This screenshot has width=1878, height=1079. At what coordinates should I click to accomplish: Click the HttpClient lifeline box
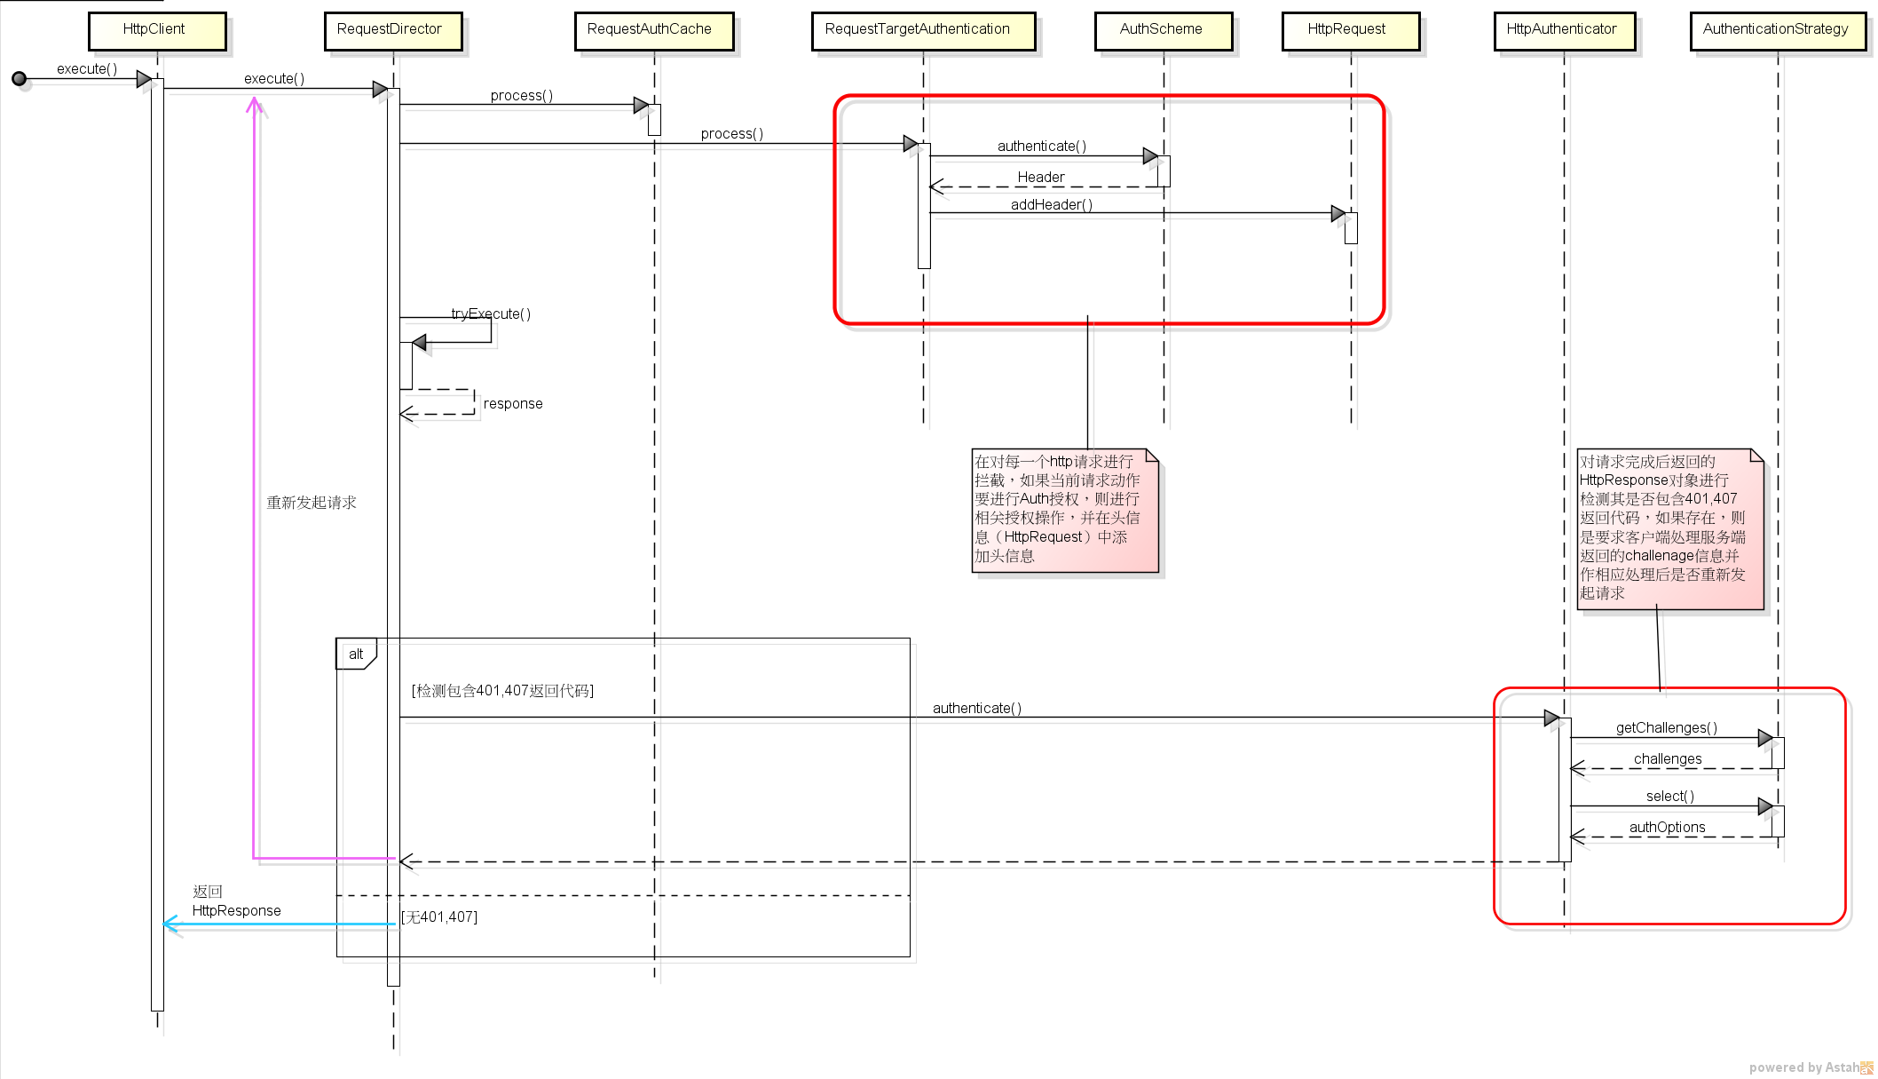[x=157, y=30]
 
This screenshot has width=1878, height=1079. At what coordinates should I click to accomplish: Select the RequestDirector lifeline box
[x=392, y=30]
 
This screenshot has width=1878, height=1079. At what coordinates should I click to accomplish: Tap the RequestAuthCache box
[x=653, y=30]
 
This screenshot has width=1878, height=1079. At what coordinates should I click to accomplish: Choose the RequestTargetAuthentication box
[x=922, y=30]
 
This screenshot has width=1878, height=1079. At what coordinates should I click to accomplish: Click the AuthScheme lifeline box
[x=1163, y=30]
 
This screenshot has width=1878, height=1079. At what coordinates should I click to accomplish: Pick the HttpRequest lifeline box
[x=1350, y=30]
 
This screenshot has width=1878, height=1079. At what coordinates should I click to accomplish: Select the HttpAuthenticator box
[x=1564, y=30]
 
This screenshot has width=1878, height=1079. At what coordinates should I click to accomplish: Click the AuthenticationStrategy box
[x=1778, y=30]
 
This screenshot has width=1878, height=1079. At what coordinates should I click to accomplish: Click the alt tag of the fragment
[x=356, y=655]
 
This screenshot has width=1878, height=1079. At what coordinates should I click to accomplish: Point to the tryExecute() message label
[x=491, y=313]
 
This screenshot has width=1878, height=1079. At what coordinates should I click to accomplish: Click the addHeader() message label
[x=1052, y=204]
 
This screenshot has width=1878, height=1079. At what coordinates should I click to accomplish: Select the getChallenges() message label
[x=1666, y=727]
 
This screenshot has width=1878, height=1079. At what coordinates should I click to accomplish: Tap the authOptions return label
[x=1667, y=827]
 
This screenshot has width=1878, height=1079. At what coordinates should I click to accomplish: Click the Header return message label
[x=1040, y=177]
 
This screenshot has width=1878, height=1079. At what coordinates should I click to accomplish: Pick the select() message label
[x=1669, y=796]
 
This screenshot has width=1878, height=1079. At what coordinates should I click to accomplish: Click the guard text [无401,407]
[x=439, y=916]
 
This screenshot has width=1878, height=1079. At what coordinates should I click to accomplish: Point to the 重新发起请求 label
[x=312, y=503]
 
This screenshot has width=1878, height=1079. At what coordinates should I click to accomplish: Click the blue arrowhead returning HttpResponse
[x=170, y=924]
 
